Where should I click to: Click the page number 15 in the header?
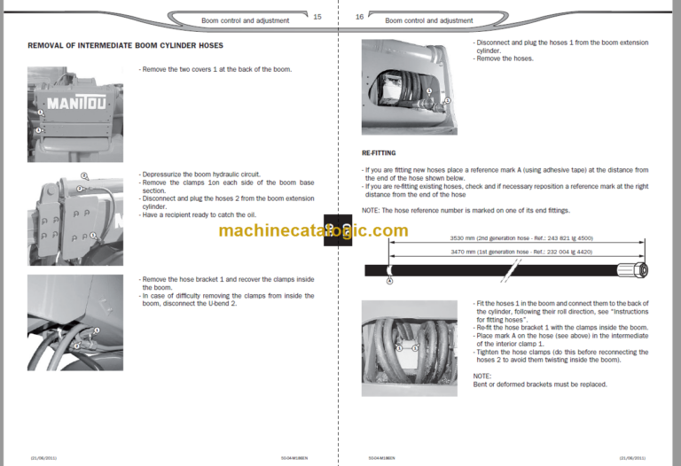coord(317,17)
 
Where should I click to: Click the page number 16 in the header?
coord(360,17)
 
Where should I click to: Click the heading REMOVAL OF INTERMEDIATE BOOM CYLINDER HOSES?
coord(125,45)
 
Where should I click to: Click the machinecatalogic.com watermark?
coord(313,231)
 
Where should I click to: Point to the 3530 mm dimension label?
coord(479,237)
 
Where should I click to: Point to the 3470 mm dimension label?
coord(478,252)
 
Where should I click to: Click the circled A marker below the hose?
coord(388,282)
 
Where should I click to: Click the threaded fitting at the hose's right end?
coord(637,269)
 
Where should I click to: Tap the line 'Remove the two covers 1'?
coord(215,69)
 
